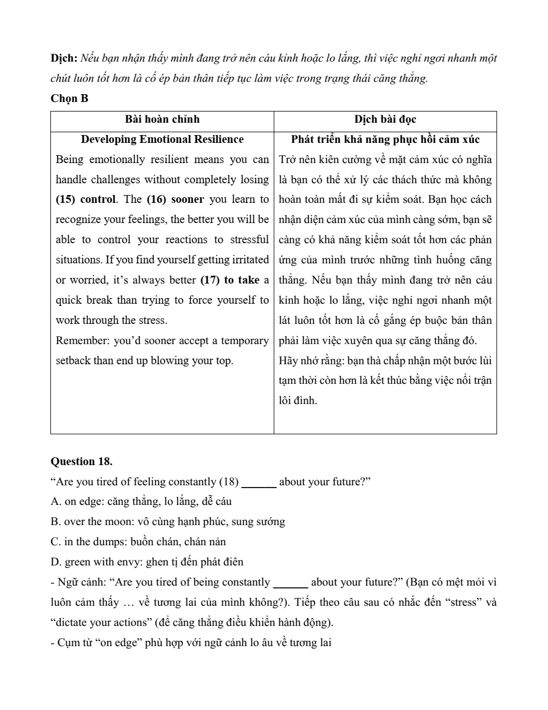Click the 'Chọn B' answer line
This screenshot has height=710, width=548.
[x=69, y=99]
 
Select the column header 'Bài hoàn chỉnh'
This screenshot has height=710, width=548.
[x=162, y=119]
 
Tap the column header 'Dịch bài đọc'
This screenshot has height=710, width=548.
[x=385, y=119]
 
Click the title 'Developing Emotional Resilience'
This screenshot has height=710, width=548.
[x=162, y=140]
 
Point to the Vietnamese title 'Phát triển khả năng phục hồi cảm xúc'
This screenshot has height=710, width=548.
[x=385, y=140]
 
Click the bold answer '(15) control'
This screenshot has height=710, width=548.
[x=85, y=199]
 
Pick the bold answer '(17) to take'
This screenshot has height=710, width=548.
[x=229, y=280]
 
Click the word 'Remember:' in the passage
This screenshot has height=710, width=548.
[x=82, y=341]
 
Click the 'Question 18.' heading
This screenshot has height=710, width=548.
[x=81, y=462]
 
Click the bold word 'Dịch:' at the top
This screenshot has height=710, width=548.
[x=64, y=58]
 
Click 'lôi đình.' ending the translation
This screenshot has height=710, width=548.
[x=298, y=401]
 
